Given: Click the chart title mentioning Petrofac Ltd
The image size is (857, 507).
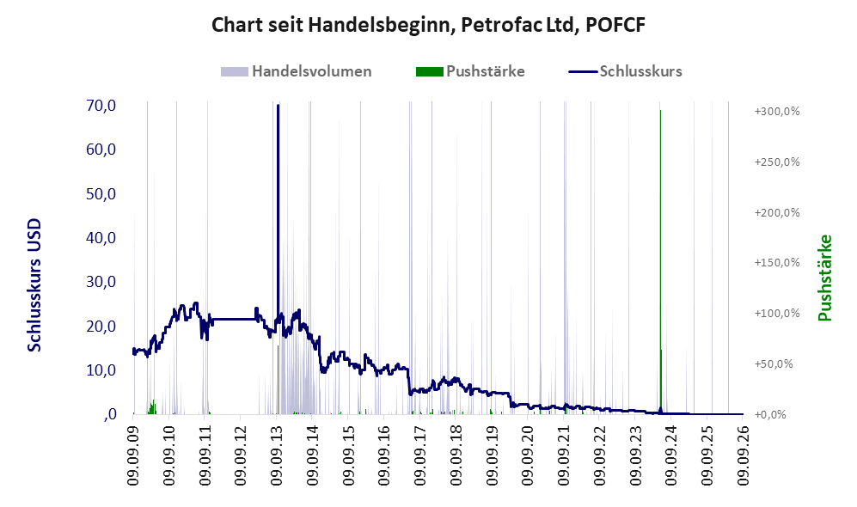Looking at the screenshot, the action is [x=428, y=25].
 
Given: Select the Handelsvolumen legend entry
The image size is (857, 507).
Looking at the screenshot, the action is [x=297, y=71].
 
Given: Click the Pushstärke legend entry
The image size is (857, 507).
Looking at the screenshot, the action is [x=470, y=71].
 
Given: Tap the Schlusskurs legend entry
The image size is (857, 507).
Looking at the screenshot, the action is [x=625, y=71].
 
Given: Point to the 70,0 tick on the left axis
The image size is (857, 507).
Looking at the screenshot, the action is [x=101, y=106].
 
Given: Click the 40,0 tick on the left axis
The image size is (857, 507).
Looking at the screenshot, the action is [x=101, y=238].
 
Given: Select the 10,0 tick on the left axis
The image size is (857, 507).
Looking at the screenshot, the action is [x=101, y=370].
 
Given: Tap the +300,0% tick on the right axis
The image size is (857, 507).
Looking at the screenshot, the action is [x=777, y=112].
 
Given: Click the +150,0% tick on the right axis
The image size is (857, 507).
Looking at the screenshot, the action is [x=777, y=263].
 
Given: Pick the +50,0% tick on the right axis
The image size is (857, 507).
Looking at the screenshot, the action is [x=774, y=363].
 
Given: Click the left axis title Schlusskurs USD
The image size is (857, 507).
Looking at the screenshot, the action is [x=34, y=285].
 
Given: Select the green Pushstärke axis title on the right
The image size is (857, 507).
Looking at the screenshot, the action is [x=824, y=278].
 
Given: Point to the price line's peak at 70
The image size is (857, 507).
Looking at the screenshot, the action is [x=278, y=106].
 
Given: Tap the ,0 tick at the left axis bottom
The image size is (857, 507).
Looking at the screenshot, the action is [x=109, y=414].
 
